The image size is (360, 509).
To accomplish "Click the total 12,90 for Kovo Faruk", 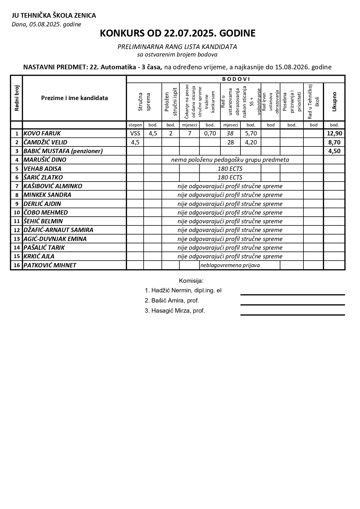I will tap(334, 133).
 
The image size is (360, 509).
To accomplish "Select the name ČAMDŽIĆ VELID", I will tap(45, 142).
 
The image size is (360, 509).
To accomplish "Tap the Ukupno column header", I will tap(334, 102).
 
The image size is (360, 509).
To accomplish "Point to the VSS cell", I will tap(135, 133).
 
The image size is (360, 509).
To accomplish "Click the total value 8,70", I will tap(334, 142).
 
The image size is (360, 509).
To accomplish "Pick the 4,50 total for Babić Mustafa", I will tap(334, 151).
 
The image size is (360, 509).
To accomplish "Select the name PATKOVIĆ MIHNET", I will tap(50, 265).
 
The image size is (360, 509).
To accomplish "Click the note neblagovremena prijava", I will tap(230, 265).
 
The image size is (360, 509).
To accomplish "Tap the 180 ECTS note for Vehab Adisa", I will tap(230, 169).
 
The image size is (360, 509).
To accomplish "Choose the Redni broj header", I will tap(17, 98).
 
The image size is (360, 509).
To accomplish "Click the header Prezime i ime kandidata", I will tap(74, 98).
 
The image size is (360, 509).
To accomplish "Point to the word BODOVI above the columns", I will tap(236, 79).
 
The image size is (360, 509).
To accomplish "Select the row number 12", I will tap(17, 230).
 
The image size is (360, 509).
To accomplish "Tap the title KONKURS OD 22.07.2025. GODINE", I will tap(178, 33).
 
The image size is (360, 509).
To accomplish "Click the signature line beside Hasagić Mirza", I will tap(292, 315).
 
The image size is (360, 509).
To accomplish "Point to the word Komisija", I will tap(191, 281).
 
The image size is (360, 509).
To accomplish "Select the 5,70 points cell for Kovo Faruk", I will tap(251, 133).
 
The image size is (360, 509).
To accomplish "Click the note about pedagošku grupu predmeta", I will tap(230, 160).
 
